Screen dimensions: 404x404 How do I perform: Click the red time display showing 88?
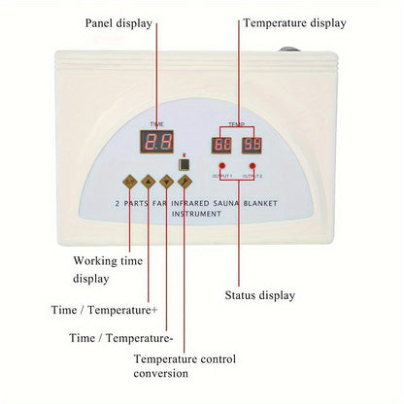pyautogui.click(x=156, y=143)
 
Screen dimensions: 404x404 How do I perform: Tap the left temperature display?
pyautogui.click(x=222, y=145)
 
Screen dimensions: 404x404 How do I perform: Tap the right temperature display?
pyautogui.click(x=252, y=145)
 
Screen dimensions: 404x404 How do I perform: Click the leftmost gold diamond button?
pyautogui.click(x=130, y=181)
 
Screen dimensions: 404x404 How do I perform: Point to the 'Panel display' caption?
pyautogui.click(x=118, y=21)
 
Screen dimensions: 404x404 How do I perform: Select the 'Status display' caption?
pyautogui.click(x=260, y=295)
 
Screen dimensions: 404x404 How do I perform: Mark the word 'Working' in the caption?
pyautogui.click(x=91, y=260)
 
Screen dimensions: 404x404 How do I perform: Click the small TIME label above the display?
pyautogui.click(x=156, y=123)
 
